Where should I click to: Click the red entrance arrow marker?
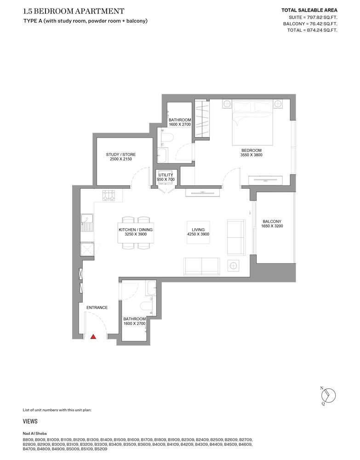[93, 337]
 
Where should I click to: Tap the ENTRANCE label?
[97, 307]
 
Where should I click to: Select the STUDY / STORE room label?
[121, 157]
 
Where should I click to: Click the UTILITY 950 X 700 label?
[166, 177]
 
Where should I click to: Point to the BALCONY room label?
[272, 224]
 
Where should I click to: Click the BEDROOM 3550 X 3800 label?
[251, 153]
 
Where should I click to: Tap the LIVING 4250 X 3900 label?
[198, 232]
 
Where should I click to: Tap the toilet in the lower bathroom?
[146, 306]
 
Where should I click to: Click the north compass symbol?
[328, 396]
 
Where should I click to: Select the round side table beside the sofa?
[234, 266]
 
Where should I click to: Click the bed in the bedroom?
[253, 122]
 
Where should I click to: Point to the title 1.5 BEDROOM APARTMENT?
[74, 11]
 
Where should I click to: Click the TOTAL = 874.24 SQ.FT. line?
[312, 30]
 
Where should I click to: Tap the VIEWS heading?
[30, 421]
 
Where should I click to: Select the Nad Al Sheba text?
[34, 434]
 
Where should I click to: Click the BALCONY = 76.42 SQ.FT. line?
[310, 24]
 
